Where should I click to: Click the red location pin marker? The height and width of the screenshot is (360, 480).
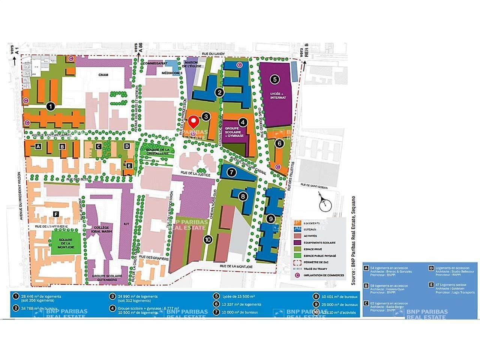(193, 122)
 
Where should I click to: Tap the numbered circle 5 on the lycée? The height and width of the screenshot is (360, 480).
(275, 79)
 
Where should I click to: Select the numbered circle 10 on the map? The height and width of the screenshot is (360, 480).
(208, 239)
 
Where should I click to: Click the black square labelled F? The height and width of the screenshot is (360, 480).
(56, 214)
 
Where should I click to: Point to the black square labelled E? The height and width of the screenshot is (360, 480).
(129, 165)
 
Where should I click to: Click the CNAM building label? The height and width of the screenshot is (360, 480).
(103, 75)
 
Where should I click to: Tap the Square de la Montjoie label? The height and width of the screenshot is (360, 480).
(66, 244)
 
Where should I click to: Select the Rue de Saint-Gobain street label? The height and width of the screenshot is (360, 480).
(315, 185)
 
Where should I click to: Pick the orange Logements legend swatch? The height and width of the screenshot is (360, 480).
(298, 223)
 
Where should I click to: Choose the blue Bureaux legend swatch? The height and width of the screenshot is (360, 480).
(298, 229)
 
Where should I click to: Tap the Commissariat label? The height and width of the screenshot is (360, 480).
(155, 64)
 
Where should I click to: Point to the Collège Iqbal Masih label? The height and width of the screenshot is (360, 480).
(102, 229)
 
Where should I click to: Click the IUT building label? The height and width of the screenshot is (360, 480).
(126, 224)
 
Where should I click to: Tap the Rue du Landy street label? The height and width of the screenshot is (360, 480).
(213, 54)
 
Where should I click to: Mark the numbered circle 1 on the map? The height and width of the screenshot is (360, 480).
(51, 106)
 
